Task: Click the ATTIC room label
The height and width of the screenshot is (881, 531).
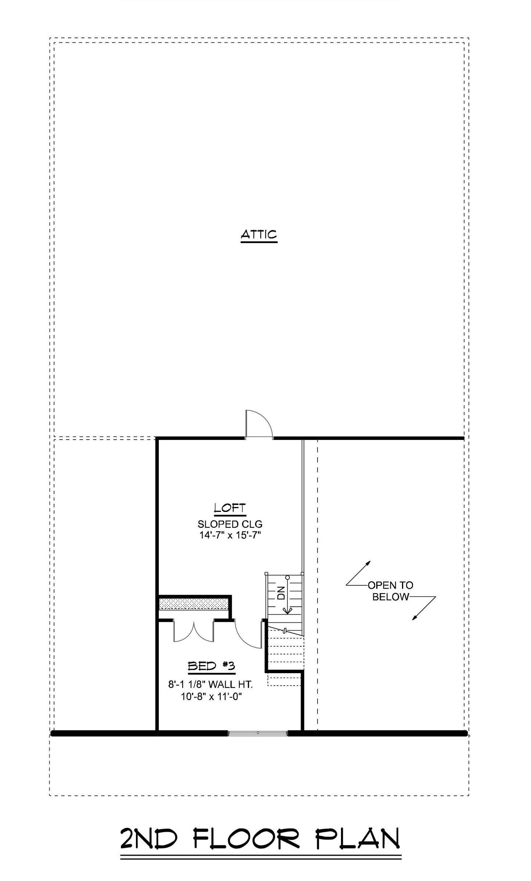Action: pos(259,234)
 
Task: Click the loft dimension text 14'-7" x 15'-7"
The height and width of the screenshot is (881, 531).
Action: pos(230,535)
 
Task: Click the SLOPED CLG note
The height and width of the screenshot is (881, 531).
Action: pos(230,524)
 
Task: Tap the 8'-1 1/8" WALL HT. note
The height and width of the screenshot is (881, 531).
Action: pos(211,685)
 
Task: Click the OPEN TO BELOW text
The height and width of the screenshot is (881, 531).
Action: pos(390,591)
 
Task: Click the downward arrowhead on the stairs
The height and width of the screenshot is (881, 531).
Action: pos(287,610)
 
